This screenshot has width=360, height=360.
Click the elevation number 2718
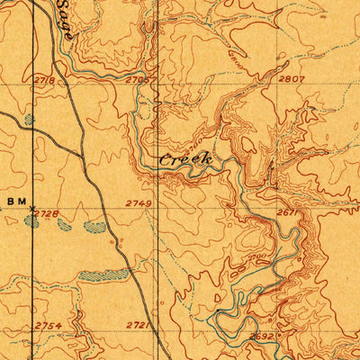click(x=44, y=81)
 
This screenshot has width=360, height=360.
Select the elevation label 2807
click(x=292, y=79)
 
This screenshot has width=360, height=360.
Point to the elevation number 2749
click(x=139, y=204)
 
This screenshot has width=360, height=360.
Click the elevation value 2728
click(x=48, y=213)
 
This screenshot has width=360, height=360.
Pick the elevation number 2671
click(x=287, y=213)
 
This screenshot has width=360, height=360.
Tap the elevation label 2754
click(x=49, y=326)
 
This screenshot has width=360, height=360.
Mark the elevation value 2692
click(x=262, y=337)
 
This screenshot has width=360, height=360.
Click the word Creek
click(x=185, y=158)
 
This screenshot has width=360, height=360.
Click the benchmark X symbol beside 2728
click(x=31, y=209)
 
